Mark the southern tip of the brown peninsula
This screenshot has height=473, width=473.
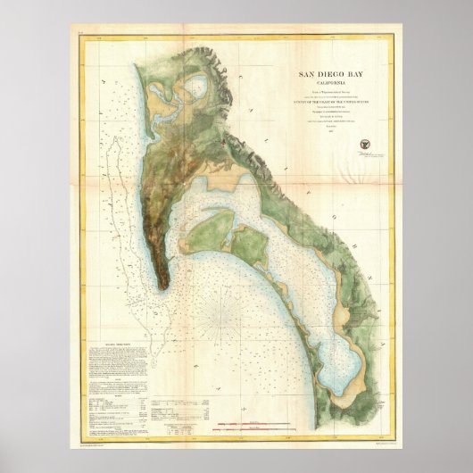164,286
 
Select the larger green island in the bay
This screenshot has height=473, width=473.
212,232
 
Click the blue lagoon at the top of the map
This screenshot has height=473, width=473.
195,89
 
